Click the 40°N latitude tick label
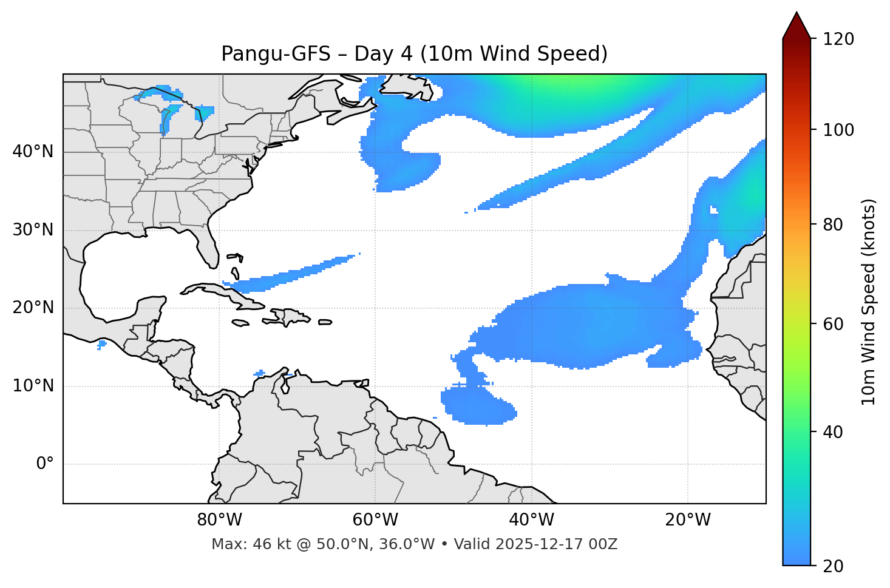[x=33, y=151]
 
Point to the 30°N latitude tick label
[x=33, y=230]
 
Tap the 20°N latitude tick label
[x=33, y=308]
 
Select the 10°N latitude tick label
[x=33, y=386]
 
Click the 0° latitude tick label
[x=44, y=464]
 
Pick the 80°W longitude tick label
[x=219, y=520]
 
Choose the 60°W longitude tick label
[x=375, y=520]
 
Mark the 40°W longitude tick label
[x=531, y=520]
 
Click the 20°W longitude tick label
[x=688, y=520]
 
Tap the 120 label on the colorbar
[x=839, y=39]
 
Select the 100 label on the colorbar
[x=839, y=130]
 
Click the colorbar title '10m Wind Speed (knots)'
[x=869, y=302]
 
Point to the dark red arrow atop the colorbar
[x=797, y=25]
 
